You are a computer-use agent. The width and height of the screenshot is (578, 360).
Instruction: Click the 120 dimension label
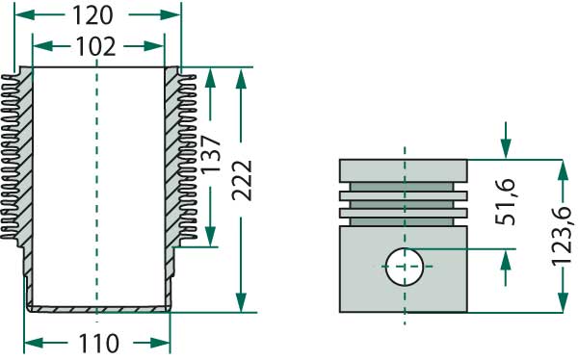93,15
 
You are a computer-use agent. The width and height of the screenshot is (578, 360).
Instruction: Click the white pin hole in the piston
404,265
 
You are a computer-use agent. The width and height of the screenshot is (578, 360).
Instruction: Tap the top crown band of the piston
404,171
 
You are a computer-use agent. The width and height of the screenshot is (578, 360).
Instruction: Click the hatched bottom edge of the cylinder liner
96,308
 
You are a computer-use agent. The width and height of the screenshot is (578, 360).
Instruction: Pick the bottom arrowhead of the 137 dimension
209,237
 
